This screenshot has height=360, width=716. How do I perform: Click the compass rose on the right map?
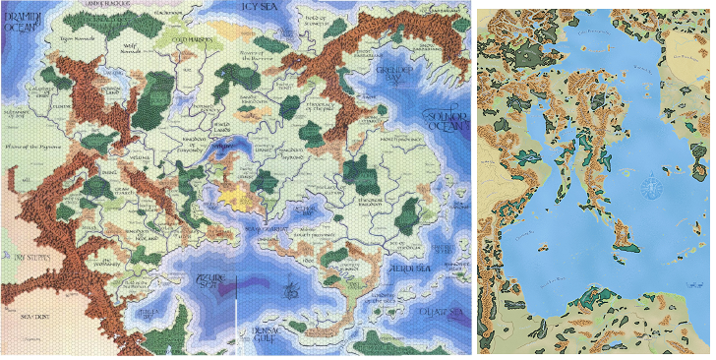tap(648, 186)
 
